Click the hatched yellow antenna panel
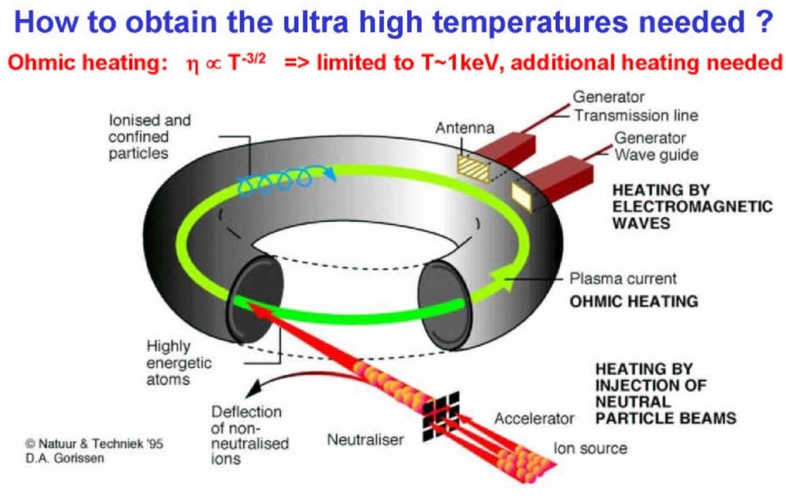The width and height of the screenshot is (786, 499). [474, 167]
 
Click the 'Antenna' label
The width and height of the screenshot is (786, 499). [465, 128]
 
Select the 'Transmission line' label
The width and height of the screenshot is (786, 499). [636, 116]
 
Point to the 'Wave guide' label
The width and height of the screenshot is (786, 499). [657, 155]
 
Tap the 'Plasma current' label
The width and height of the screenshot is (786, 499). [623, 279]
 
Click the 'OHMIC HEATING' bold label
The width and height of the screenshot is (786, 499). [634, 301]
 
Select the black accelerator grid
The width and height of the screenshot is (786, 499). [440, 415]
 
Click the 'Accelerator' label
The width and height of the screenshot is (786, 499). [535, 418]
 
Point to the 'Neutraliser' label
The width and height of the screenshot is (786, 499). [365, 440]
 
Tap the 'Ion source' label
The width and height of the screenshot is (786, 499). [590, 448]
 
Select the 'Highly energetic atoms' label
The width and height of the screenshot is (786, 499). [179, 363]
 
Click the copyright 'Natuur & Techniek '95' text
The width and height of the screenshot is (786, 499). [94, 443]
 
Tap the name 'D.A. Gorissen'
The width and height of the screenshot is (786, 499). [65, 458]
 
